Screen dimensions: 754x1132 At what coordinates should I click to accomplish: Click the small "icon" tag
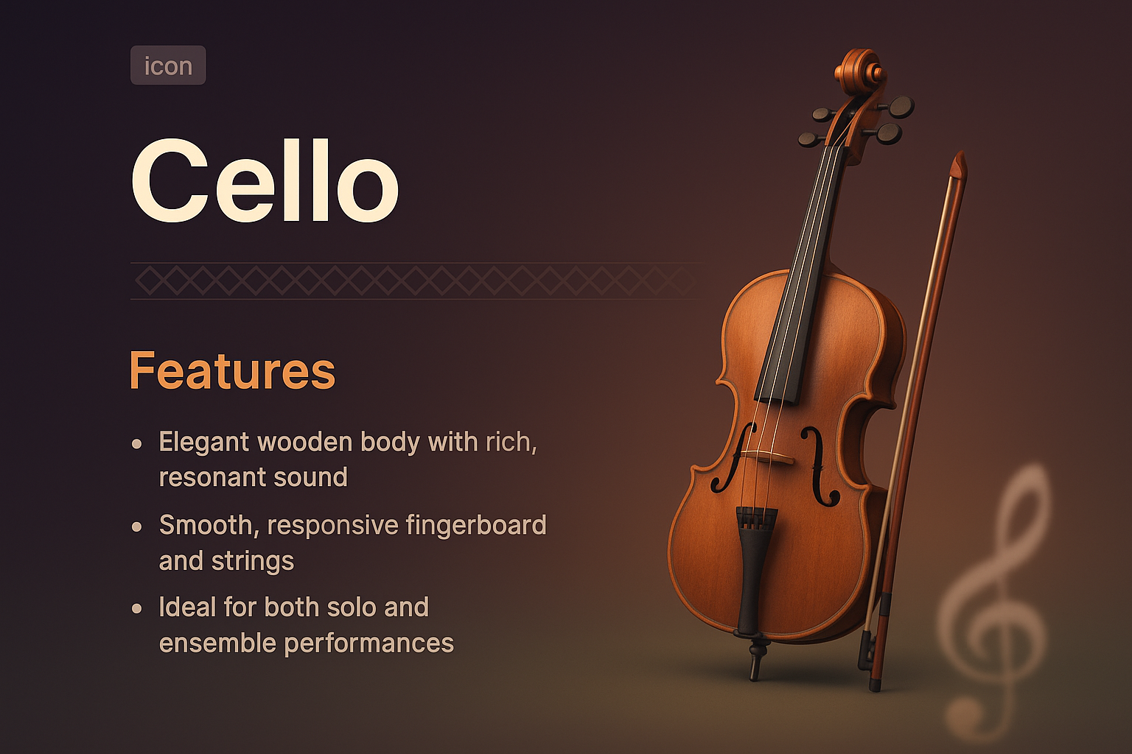click(x=168, y=66)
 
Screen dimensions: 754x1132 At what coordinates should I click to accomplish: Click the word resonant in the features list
click(x=201, y=478)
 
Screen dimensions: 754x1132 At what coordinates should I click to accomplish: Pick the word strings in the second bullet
click(x=253, y=561)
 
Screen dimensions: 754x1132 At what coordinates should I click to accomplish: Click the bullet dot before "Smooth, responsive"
click(x=137, y=526)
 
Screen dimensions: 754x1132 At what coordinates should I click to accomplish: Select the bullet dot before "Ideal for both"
click(x=137, y=609)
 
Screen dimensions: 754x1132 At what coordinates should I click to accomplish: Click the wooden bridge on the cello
click(x=766, y=457)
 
